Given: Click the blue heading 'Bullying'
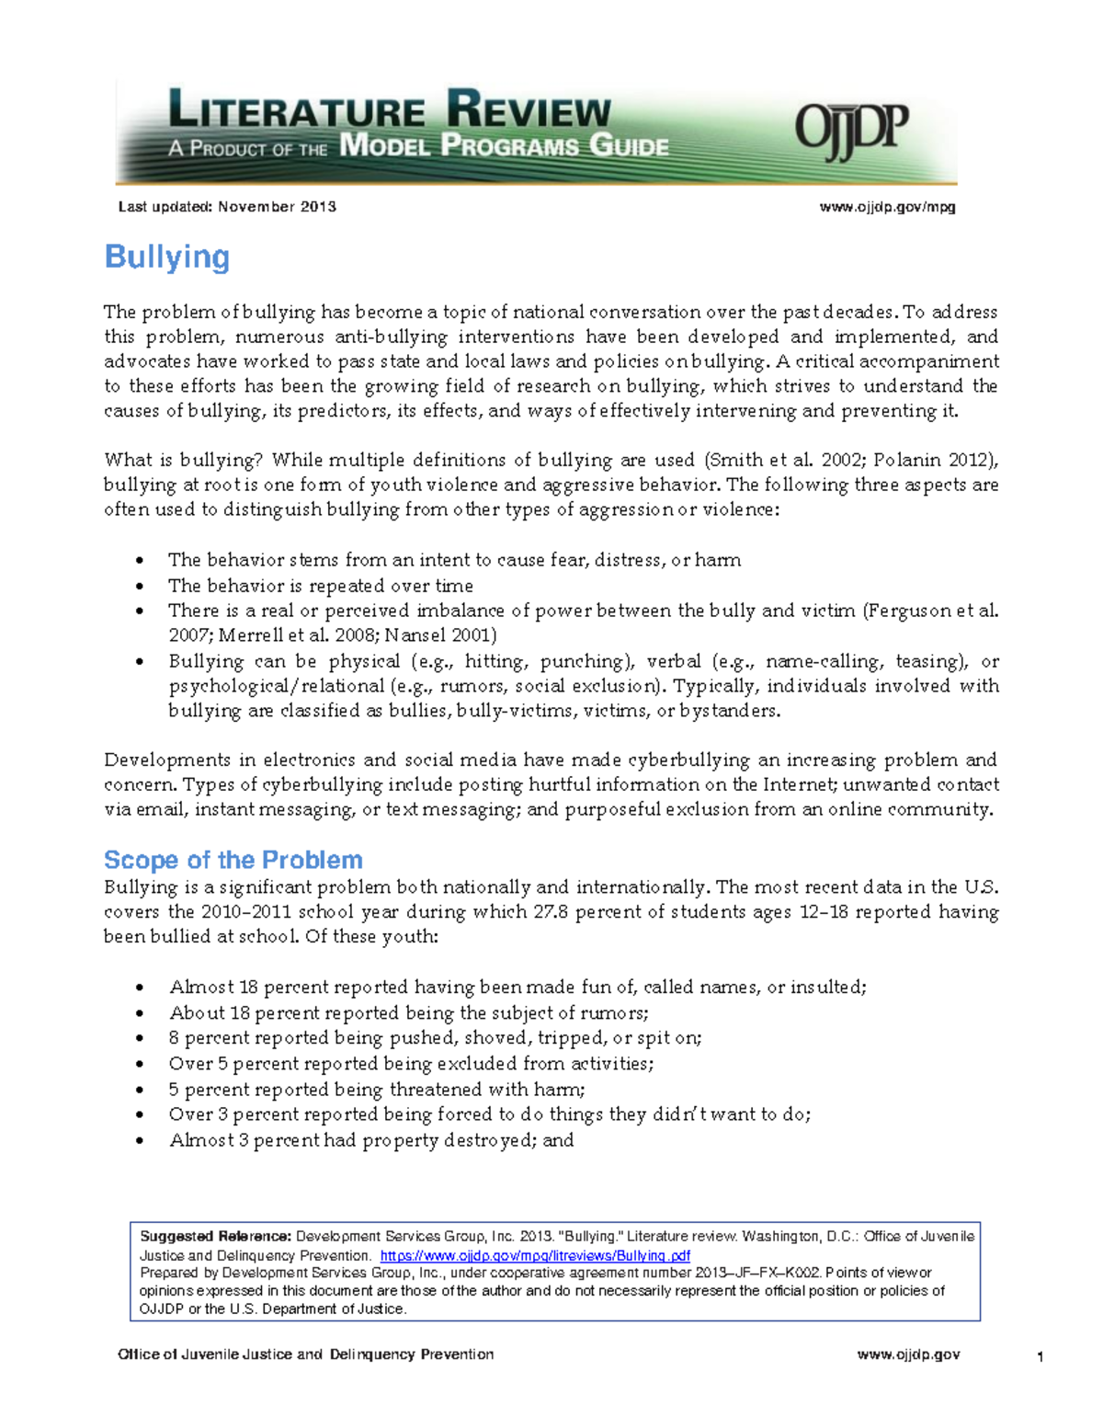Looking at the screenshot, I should pyautogui.click(x=166, y=257).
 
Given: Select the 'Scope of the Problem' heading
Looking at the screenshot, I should pyautogui.click(x=233, y=860).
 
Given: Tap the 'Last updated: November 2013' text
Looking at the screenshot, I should pyautogui.click(x=227, y=207).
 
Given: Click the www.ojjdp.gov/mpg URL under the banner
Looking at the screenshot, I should pyautogui.click(x=887, y=207).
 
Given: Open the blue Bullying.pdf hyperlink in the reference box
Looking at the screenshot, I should pyautogui.click(x=534, y=1255).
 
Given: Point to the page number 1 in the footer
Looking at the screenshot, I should pyautogui.click(x=1040, y=1357).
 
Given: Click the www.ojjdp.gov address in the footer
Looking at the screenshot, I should pyautogui.click(x=908, y=1354).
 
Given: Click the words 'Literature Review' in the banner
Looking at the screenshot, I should pyautogui.click(x=390, y=111).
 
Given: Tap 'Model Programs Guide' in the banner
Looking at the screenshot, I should pyautogui.click(x=504, y=146).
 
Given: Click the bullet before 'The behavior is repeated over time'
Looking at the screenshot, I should pyautogui.click(x=140, y=587).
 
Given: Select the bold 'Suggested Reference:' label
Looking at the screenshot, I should pyautogui.click(x=215, y=1237).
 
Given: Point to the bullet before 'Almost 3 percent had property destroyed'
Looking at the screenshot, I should pyautogui.click(x=140, y=1141).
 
